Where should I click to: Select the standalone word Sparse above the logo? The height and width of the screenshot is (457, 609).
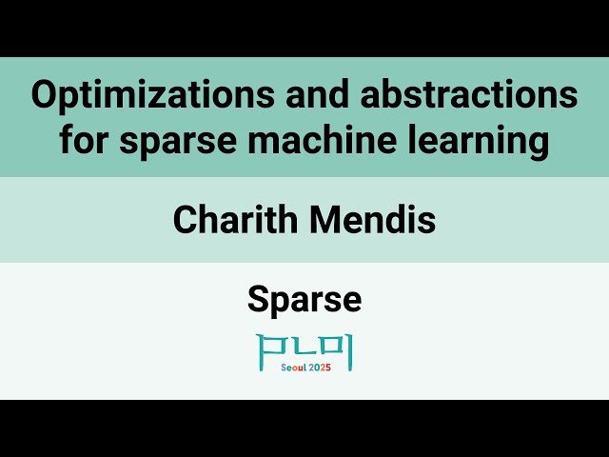tap(304, 300)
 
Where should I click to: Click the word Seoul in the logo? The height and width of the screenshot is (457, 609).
tap(297, 368)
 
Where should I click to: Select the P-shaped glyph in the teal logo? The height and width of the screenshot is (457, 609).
tap(270, 346)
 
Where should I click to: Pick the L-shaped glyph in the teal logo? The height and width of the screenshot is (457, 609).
tap(304, 347)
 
